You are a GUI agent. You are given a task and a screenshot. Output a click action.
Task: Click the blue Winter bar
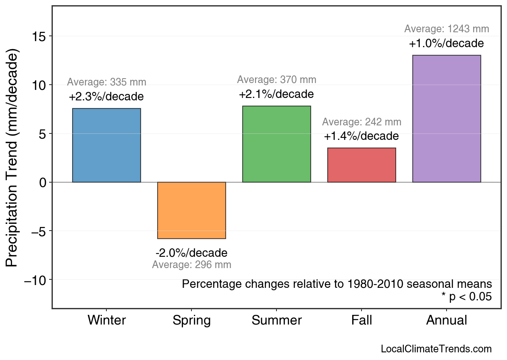pyautogui.click(x=106, y=145)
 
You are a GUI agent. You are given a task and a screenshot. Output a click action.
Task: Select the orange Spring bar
pyautogui.click(x=191, y=210)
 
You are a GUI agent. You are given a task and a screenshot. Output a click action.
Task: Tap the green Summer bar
pyautogui.click(x=276, y=144)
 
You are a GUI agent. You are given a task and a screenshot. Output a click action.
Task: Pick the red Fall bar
pyautogui.click(x=362, y=165)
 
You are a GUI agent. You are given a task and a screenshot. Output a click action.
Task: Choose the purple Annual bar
pyautogui.click(x=447, y=119)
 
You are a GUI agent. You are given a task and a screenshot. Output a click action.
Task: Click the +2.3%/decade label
pyautogui.click(x=106, y=97)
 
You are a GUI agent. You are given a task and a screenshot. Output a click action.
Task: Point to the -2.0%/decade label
pyautogui.click(x=191, y=253)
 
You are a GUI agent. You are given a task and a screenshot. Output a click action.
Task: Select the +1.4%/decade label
pyautogui.click(x=361, y=136)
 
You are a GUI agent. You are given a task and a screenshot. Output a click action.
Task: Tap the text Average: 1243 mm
pyautogui.click(x=447, y=29)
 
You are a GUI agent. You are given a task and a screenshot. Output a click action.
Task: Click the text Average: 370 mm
pyautogui.click(x=276, y=80)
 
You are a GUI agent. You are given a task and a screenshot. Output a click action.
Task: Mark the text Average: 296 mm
pyautogui.click(x=191, y=265)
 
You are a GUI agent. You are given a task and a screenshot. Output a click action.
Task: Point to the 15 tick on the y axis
pyautogui.click(x=39, y=36)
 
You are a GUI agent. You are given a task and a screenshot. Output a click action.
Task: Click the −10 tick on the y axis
pyautogui.click(x=36, y=280)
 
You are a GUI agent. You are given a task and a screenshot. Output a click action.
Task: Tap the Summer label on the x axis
pyautogui.click(x=276, y=320)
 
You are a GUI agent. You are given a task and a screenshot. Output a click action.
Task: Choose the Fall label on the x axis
pyautogui.click(x=362, y=320)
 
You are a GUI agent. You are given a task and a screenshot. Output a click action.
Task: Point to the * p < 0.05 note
pyautogui.click(x=466, y=297)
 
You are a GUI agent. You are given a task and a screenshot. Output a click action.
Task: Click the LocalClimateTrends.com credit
pyautogui.click(x=436, y=349)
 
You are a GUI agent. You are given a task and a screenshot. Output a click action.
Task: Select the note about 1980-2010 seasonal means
pyautogui.click(x=337, y=284)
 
